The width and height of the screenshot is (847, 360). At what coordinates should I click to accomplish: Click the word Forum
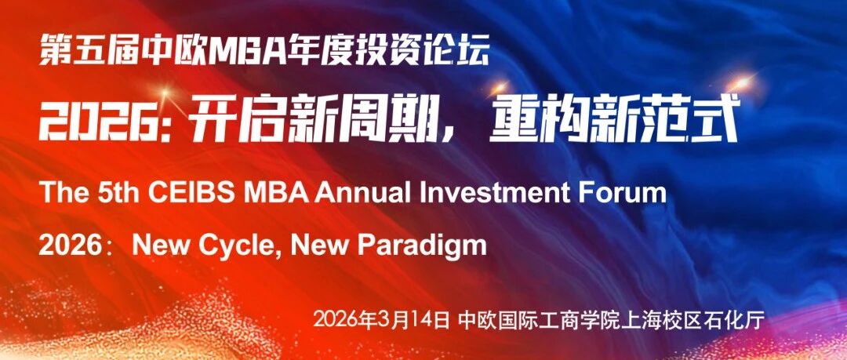click(625, 194)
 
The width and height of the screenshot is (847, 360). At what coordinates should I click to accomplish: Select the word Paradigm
click(422, 245)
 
